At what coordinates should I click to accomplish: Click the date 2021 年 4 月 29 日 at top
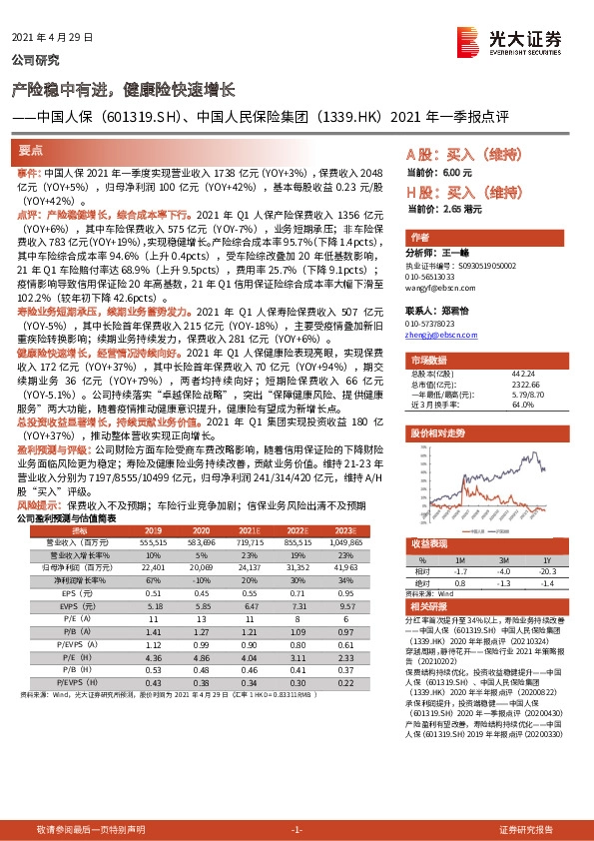(52, 37)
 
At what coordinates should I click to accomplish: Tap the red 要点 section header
(32, 151)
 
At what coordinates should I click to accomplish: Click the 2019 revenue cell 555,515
(154, 541)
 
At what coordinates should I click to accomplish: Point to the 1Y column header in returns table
(545, 560)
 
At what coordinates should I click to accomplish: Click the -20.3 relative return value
(545, 570)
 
